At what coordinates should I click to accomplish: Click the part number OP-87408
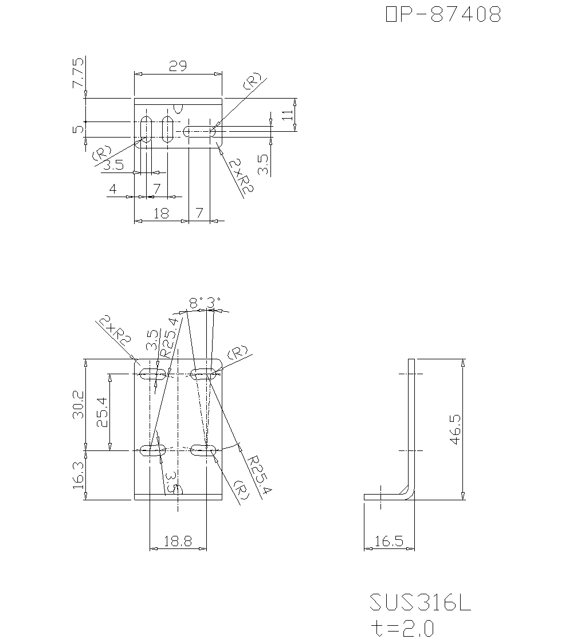click(x=444, y=15)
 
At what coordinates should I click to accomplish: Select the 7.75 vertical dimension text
click(x=78, y=73)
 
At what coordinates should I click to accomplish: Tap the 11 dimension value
click(x=288, y=115)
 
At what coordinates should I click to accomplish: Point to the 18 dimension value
click(x=161, y=213)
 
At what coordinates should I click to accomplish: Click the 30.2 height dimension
click(x=79, y=405)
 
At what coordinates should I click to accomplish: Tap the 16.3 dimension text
click(x=79, y=475)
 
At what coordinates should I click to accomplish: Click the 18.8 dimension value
click(x=178, y=542)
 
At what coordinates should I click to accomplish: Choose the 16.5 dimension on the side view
click(x=389, y=542)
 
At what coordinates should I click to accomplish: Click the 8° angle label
click(x=195, y=302)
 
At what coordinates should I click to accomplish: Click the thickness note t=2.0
click(x=402, y=629)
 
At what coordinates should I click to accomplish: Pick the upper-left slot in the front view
click(x=153, y=374)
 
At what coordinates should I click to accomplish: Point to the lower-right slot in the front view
click(x=203, y=450)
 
